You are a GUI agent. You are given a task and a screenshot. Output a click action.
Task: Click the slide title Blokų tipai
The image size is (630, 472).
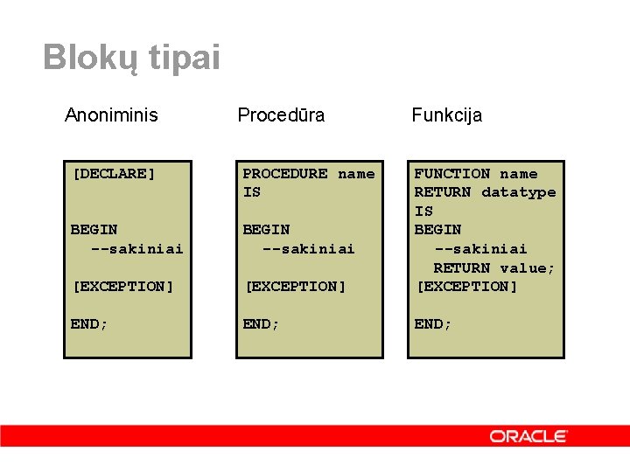[x=131, y=58]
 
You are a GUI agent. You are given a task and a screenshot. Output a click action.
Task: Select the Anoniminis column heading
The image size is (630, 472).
[x=111, y=115]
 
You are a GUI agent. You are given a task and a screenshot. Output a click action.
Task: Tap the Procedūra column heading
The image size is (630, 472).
[x=281, y=115]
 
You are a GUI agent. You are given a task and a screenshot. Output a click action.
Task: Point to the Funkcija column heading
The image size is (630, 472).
[x=447, y=115]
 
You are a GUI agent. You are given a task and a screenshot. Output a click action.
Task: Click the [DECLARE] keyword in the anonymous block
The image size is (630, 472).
[x=114, y=173]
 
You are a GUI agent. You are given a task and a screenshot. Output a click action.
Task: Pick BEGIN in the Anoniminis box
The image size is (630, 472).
[x=94, y=229]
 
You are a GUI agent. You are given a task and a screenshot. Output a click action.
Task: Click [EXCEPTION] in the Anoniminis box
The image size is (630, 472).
[x=122, y=286]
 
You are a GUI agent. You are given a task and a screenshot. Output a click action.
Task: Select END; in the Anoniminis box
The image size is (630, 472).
[x=89, y=323]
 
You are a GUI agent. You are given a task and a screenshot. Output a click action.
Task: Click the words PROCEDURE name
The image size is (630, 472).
[x=308, y=173]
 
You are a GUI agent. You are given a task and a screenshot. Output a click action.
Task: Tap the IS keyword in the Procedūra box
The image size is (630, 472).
[x=252, y=191]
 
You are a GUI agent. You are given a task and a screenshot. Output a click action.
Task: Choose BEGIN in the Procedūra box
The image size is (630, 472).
[x=266, y=229]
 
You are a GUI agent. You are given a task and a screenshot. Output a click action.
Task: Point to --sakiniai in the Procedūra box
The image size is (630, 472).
[x=309, y=248]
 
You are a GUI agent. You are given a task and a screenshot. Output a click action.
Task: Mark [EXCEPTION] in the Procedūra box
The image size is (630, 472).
[x=295, y=286]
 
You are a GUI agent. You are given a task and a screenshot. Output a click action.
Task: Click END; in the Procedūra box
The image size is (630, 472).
[x=262, y=323]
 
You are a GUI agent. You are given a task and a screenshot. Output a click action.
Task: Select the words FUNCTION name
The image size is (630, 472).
[x=476, y=173]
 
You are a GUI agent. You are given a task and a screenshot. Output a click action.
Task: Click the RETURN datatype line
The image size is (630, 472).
[x=485, y=191]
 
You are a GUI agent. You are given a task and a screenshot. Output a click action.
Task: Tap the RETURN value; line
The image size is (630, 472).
[x=494, y=267]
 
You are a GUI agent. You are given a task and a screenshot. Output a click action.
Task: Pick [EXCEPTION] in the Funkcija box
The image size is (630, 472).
[x=466, y=286]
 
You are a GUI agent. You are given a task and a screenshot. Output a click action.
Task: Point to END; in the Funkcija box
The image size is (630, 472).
[x=433, y=323]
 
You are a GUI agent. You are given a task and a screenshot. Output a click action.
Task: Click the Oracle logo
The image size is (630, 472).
[x=528, y=435]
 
